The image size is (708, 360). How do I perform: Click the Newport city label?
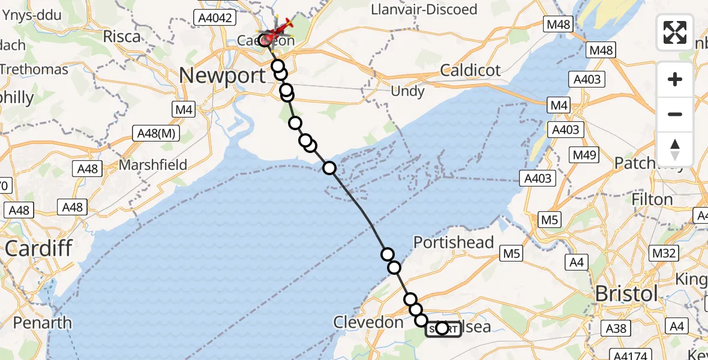[x=222, y=76]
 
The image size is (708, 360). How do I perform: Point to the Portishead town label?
[x=454, y=242]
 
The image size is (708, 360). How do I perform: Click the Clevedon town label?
[x=368, y=322]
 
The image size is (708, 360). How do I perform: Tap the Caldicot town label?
[x=470, y=70]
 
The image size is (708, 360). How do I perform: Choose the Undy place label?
[x=407, y=91]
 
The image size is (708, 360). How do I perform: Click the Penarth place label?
[x=42, y=323]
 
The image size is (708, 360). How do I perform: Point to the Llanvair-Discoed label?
[x=424, y=10]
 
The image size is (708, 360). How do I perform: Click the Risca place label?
[x=121, y=36]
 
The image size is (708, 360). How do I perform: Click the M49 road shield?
[x=584, y=155]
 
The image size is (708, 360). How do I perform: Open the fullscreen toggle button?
[x=675, y=32]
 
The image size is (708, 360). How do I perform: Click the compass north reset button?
[x=675, y=149]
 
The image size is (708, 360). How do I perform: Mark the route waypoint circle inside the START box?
[x=442, y=328]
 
